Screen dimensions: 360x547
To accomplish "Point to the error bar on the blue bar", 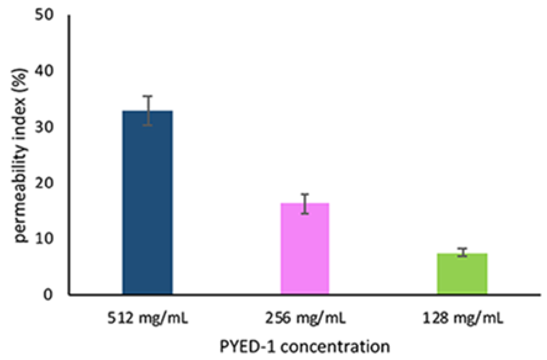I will tap(149, 110).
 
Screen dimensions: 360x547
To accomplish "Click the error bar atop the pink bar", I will tap(305, 204).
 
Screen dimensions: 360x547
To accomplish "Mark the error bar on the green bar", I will tap(462, 252).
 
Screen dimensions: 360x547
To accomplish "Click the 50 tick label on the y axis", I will tap(44, 14).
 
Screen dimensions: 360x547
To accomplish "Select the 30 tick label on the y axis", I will tap(44, 127).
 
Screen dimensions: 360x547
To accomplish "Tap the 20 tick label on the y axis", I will tap(44, 183).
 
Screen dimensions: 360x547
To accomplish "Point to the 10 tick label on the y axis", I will tap(44, 238).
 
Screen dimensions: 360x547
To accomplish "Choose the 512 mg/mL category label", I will tap(148, 318).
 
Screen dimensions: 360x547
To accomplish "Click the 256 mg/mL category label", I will tap(305, 318).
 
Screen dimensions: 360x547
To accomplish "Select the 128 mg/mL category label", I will tap(462, 318).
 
